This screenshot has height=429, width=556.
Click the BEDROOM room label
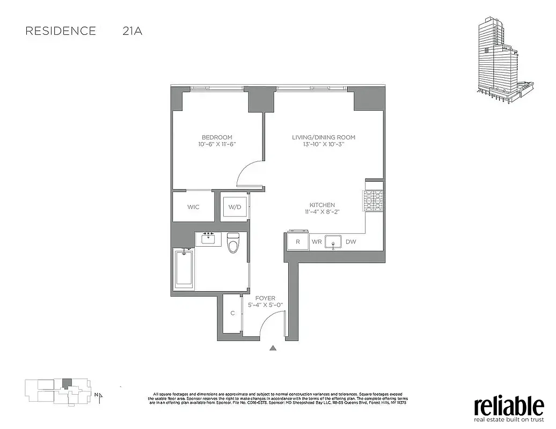pos(217,137)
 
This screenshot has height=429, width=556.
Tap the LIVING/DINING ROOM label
pos(323,137)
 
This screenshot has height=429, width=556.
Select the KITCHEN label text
pos(322,205)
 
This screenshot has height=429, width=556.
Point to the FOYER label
pos(265,298)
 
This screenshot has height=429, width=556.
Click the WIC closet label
pos(193,206)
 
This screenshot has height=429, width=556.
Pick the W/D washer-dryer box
pos(235,206)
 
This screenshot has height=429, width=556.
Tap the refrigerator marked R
pos(298,242)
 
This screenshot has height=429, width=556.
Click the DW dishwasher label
pos(350,242)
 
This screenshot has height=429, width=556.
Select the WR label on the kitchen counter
pos(317,242)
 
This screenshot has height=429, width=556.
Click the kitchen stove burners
pos(373,202)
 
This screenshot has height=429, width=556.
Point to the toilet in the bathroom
pos(233,243)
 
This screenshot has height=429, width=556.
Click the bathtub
pos(184,269)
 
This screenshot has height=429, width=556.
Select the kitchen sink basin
pos(333,242)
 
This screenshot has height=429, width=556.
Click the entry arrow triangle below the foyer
pos(273,348)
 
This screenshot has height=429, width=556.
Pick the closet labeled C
pos(232,313)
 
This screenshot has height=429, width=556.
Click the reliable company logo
pos(509,407)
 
